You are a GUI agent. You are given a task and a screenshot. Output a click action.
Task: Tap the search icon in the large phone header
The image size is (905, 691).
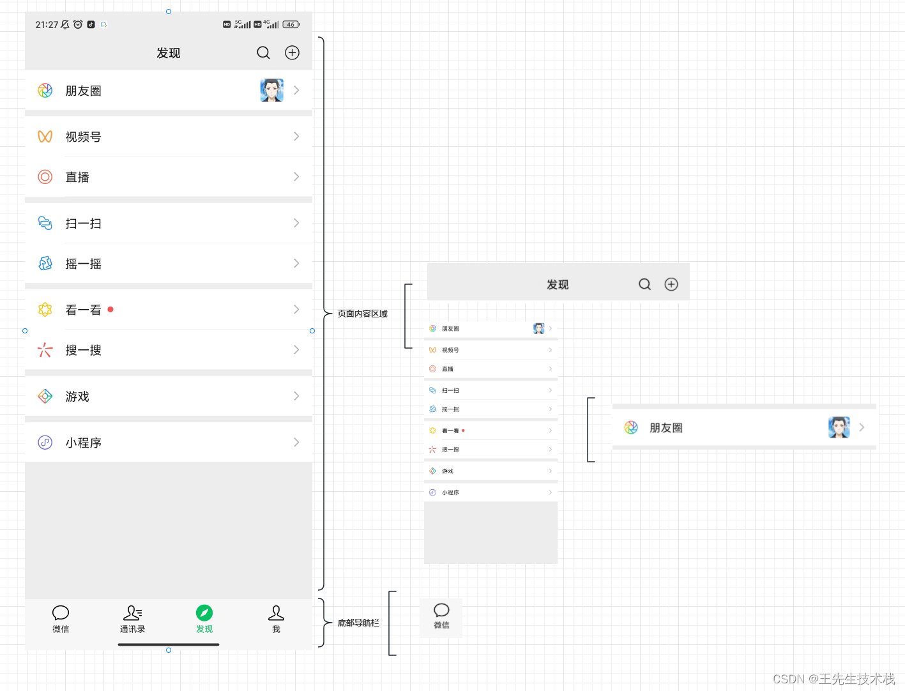tap(263, 53)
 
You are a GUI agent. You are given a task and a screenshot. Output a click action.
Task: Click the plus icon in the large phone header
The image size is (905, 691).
tap(292, 53)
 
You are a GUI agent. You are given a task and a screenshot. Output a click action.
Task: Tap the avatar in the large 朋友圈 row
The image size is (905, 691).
tap(271, 91)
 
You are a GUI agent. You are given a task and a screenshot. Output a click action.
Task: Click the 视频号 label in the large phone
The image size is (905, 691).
tap(83, 137)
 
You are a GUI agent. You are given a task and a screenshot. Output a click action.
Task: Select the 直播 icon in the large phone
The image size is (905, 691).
tap(45, 177)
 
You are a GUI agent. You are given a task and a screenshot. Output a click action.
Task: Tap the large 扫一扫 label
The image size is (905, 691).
tap(83, 224)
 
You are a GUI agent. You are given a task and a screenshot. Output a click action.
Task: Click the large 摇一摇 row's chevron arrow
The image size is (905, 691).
tap(296, 263)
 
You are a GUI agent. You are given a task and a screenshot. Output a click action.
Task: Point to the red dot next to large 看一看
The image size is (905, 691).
tap(110, 310)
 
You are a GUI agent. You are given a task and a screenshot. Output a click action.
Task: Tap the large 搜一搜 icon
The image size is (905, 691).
tap(45, 350)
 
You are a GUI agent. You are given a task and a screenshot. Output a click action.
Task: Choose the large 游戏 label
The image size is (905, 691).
tap(77, 397)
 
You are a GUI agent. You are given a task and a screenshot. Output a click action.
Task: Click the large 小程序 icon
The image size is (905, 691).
tap(45, 443)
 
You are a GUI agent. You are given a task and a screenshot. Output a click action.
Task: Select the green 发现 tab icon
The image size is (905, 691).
tap(204, 613)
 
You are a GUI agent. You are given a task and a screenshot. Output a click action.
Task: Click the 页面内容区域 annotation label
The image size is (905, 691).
tap(362, 314)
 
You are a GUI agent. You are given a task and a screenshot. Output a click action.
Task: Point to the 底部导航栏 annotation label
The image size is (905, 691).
tap(358, 623)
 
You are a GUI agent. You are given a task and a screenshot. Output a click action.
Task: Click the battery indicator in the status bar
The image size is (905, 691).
tap(291, 25)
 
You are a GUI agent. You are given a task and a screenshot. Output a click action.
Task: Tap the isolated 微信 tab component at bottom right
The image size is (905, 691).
tap(441, 616)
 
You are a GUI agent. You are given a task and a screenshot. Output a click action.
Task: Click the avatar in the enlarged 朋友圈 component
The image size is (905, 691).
tap(839, 427)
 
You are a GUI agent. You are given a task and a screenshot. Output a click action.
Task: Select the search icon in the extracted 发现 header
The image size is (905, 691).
tap(645, 284)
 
